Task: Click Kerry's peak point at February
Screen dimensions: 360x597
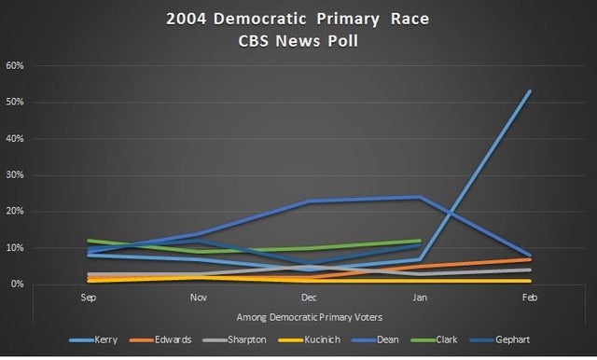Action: [x=530, y=91]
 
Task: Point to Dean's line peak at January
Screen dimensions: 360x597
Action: [x=420, y=197]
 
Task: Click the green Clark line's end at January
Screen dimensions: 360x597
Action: [x=420, y=241]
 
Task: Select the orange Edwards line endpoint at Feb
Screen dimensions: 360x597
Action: [x=530, y=258]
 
